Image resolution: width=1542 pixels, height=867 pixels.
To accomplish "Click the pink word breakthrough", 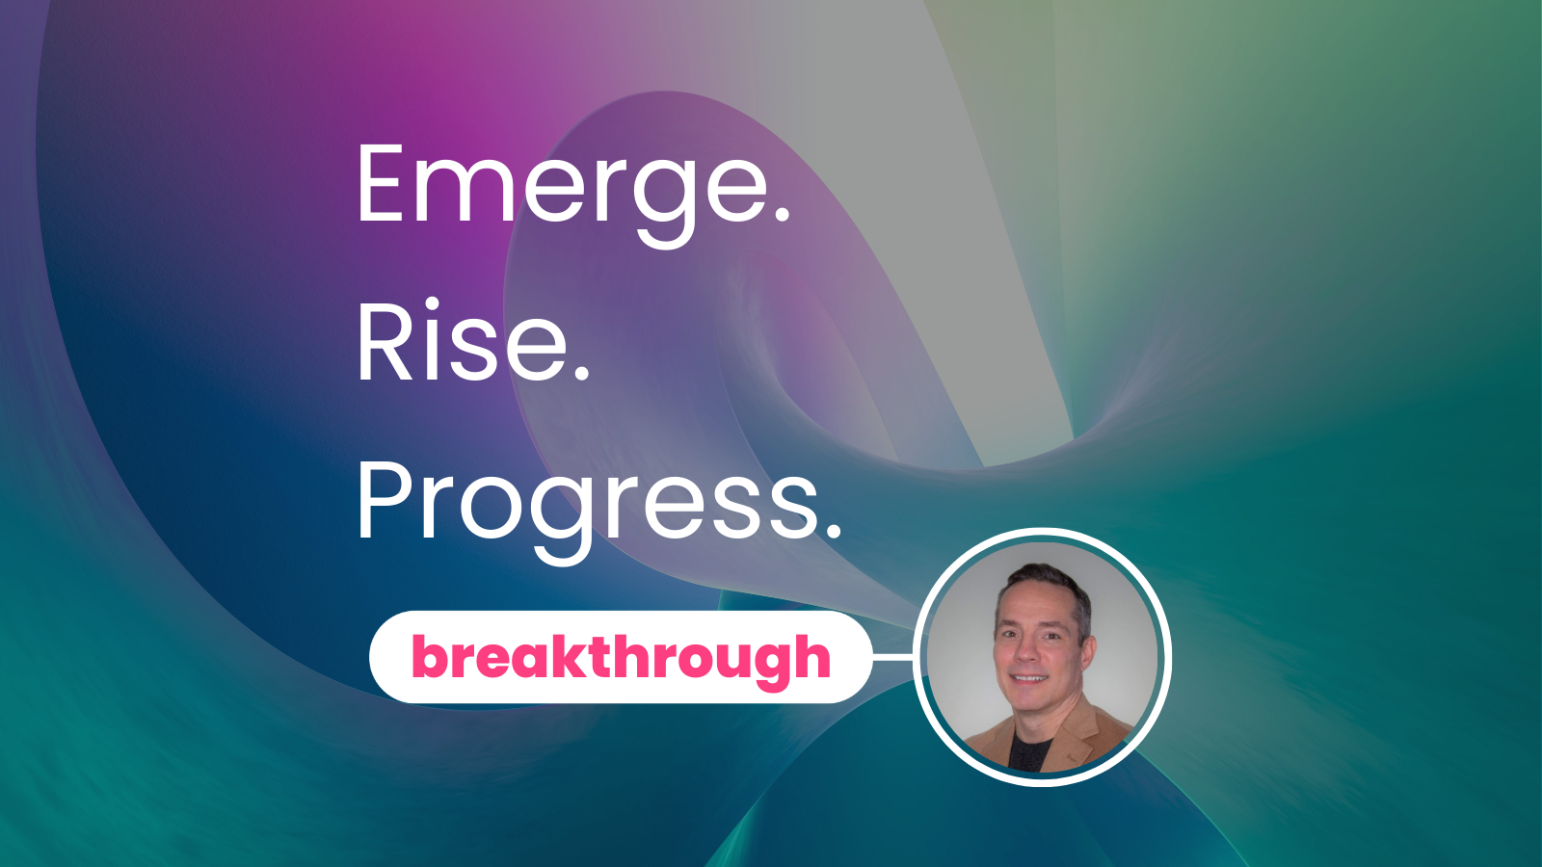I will coord(621,658).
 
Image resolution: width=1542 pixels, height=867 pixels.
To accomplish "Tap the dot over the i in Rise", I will coord(432,305).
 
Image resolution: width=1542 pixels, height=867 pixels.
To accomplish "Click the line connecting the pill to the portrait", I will coord(892,658).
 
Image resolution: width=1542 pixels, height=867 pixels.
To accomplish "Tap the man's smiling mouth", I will coord(1030,679).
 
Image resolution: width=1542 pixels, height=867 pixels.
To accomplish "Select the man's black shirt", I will coord(1032,752).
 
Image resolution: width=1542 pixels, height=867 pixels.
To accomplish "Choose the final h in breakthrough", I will coord(811,656).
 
